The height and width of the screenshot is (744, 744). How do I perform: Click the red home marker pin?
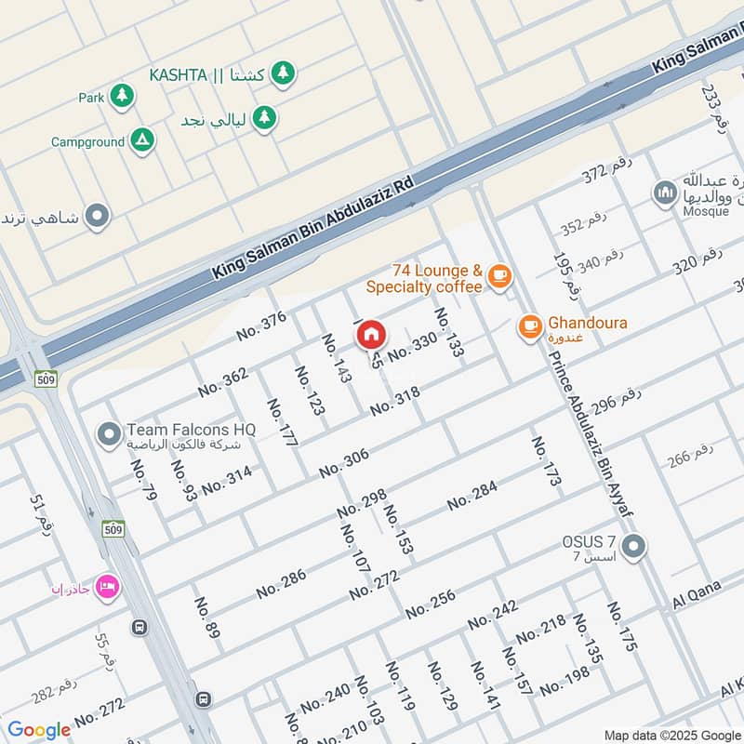pos(371,333)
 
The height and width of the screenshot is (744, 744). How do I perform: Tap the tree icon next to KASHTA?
pos(284,72)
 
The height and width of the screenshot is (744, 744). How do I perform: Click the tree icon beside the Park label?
pos(121,96)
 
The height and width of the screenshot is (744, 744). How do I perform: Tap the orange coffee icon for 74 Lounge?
pos(499,275)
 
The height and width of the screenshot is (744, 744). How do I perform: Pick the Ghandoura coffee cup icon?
pos(530,326)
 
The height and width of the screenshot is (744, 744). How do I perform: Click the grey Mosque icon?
pos(664,193)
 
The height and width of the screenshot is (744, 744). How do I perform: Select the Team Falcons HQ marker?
pos(110,433)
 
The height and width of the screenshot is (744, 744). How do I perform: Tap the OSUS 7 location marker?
pos(633,547)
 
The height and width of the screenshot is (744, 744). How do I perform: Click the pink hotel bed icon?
pos(107,588)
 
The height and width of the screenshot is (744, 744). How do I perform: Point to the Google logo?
pos(39,730)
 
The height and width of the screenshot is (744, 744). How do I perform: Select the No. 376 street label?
pos(261,325)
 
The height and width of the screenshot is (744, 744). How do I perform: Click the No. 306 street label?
pos(344,463)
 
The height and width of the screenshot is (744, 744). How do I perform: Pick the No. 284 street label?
pos(472,496)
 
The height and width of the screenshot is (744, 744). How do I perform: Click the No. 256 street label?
pos(430,604)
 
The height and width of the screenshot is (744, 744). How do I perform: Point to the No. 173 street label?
pos(546,460)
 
